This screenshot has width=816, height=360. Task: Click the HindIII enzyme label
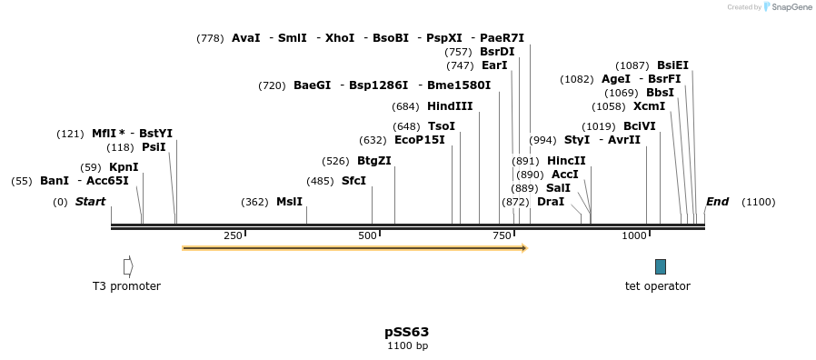pyautogui.click(x=450, y=106)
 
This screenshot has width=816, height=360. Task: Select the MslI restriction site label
pyautogui.click(x=289, y=202)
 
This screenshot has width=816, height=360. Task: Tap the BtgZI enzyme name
pyautogui.click(x=373, y=161)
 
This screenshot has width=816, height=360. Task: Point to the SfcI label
pyautogui.click(x=353, y=181)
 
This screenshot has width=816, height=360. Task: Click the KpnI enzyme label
pyautogui.click(x=124, y=167)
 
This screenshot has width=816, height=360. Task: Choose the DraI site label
pyautogui.click(x=550, y=202)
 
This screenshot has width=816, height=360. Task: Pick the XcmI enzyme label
pyautogui.click(x=649, y=106)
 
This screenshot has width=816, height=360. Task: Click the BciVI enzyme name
pyautogui.click(x=639, y=126)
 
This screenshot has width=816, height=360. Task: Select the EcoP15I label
pyautogui.click(x=420, y=140)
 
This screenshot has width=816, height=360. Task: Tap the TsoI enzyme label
pyautogui.click(x=441, y=126)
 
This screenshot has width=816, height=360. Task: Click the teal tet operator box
pyautogui.click(x=661, y=266)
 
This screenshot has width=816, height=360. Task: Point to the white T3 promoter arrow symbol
pyautogui.click(x=128, y=266)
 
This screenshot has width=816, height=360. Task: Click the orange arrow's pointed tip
pyautogui.click(x=525, y=247)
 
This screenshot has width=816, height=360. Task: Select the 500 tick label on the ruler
pyautogui.click(x=367, y=236)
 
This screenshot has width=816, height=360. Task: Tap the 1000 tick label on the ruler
pyautogui.click(x=633, y=236)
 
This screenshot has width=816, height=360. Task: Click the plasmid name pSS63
pyautogui.click(x=407, y=332)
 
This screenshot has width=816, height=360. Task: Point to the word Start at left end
pyautogui.click(x=90, y=202)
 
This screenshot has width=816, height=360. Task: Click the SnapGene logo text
pyautogui.click(x=790, y=7)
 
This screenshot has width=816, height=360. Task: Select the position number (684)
pyautogui.click(x=406, y=106)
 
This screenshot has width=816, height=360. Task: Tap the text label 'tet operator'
pyautogui.click(x=657, y=286)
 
